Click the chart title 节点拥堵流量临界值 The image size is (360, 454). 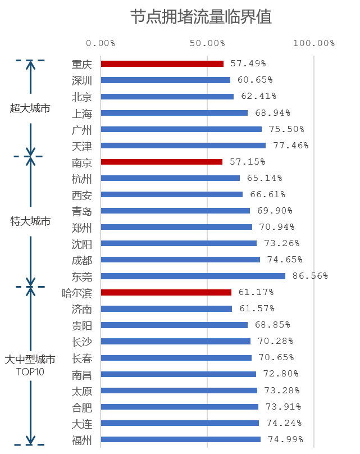201,17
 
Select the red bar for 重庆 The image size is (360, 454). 162,64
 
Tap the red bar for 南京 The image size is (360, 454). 161,162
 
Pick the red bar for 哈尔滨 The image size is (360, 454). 166,292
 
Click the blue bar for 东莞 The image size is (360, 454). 193,276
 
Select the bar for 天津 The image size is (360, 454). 183,146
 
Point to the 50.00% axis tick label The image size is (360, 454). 207,43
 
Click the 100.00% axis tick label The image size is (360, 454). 313,43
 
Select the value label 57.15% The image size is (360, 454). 247,162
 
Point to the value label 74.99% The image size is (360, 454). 285,439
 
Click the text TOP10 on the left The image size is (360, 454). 30,371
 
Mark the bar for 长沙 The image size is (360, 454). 175,341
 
